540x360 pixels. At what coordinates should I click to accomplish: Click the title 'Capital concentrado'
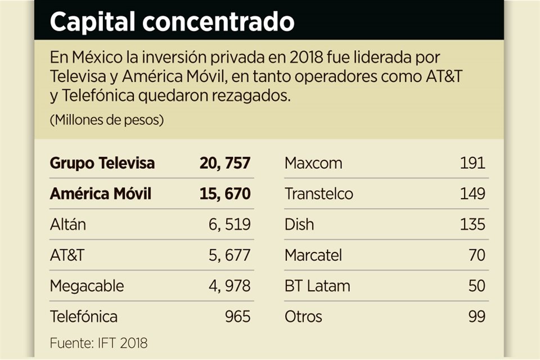pos(172,21)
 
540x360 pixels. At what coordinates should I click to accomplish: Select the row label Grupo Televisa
pos(102,163)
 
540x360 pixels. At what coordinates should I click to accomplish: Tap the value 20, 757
pos(224,163)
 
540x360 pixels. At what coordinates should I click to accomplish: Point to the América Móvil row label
pos(101,194)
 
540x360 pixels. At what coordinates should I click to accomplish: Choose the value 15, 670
pos(224,194)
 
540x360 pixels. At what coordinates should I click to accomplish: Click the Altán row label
pos(68,224)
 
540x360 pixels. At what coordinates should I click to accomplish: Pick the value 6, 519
pos(229,224)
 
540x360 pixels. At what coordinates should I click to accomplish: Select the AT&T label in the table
pos(67,255)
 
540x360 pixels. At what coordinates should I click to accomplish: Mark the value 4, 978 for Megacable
pos(229,286)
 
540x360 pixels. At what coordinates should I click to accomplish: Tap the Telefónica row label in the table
pos(84,316)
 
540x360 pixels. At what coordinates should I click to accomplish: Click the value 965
pos(237,316)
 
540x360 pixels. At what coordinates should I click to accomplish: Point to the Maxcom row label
pos(313,163)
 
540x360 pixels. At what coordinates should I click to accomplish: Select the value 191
pos(472,163)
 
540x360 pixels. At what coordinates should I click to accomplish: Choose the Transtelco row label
pos(319,194)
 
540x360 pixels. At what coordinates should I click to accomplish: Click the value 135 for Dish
pos(472,224)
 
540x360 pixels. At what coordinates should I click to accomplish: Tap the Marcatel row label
pos(313,255)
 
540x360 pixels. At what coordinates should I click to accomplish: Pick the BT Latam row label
pos(317,286)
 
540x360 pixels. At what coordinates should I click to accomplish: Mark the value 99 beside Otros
pos(476,316)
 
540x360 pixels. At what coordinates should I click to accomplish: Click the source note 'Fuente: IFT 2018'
pos(98,343)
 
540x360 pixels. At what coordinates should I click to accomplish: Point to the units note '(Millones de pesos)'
pos(107,120)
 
